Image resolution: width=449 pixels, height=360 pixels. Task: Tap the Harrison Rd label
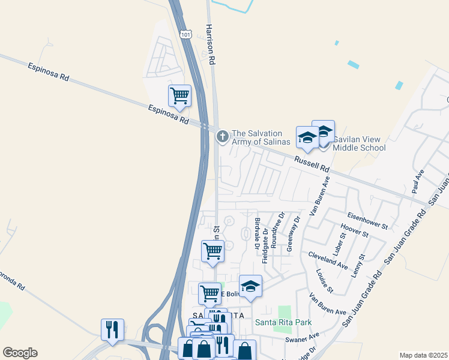click(210, 44)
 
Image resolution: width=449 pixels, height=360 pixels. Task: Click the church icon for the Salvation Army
click(222, 137)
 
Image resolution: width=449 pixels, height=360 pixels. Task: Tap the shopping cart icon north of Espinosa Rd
click(179, 95)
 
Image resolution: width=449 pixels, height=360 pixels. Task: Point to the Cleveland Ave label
click(328, 260)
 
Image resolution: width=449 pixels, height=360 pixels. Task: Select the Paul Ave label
click(418, 181)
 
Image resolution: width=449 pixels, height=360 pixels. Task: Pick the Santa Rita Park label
click(283, 322)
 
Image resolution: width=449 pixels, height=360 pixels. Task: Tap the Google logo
click(20, 353)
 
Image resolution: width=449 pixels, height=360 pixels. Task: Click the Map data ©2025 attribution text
click(423, 355)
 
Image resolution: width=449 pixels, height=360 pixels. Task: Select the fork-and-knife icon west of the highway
click(112, 330)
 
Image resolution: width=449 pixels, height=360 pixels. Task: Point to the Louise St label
click(325, 281)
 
